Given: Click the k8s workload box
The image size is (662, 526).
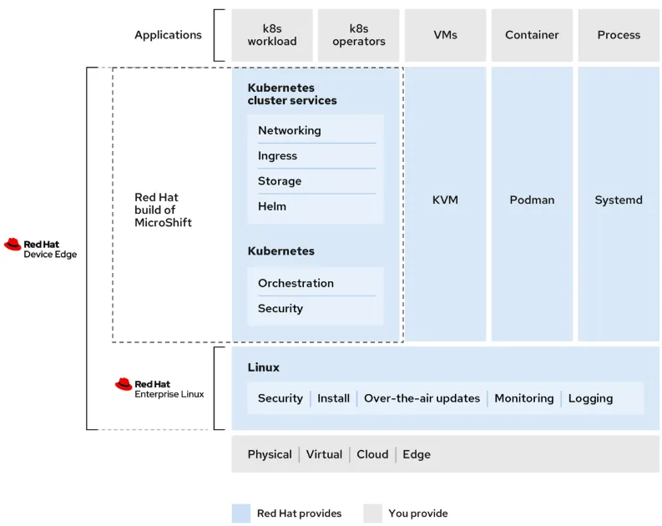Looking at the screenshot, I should click(x=272, y=35).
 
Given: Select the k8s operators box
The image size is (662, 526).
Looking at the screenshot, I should click(x=359, y=35).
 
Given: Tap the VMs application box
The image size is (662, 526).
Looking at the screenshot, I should click(x=445, y=35).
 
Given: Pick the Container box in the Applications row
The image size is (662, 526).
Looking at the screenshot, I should click(x=532, y=35).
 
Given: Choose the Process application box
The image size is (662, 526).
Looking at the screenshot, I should click(x=619, y=35).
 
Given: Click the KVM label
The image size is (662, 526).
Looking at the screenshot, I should click(x=445, y=200).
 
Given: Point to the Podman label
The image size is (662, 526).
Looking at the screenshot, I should click(x=532, y=200).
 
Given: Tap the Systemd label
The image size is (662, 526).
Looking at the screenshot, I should click(x=619, y=200).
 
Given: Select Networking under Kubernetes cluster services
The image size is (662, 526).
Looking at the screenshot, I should click(x=289, y=130).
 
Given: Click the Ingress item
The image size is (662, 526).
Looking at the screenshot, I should click(x=277, y=156).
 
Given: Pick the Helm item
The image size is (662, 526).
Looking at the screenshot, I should click(x=272, y=206).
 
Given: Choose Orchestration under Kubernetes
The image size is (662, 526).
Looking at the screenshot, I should click(x=296, y=283).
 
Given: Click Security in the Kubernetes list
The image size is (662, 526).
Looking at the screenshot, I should click(x=280, y=309).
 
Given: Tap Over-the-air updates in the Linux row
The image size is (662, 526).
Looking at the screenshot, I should click(x=422, y=398).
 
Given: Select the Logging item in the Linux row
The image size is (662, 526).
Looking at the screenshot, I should click(x=590, y=398).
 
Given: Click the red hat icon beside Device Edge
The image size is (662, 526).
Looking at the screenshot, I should click(x=13, y=245).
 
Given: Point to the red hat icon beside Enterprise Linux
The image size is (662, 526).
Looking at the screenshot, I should click(x=124, y=384).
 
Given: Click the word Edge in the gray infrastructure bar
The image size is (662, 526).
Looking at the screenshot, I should click(x=417, y=454).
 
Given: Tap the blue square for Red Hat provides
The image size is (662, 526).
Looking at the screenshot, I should click(x=240, y=513).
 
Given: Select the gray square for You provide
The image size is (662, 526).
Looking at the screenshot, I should click(x=372, y=513).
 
